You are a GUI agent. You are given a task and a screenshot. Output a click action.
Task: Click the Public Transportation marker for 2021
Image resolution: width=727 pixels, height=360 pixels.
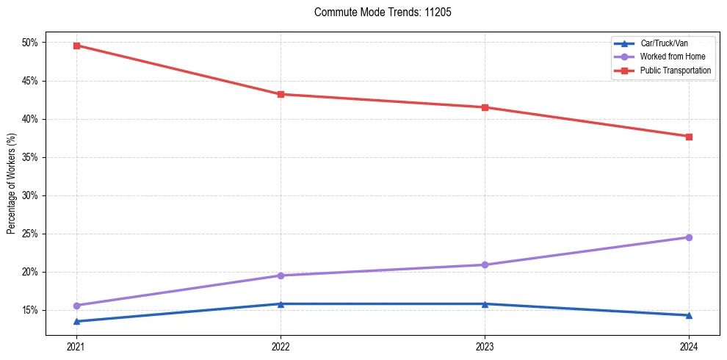coord(76,46)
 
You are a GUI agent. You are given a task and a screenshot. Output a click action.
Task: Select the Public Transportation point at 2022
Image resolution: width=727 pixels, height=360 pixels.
coord(281,94)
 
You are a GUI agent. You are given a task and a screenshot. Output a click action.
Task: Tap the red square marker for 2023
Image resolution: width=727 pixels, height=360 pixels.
coord(485,107)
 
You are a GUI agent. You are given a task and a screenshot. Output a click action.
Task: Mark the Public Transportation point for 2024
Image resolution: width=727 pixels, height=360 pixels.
coord(689,137)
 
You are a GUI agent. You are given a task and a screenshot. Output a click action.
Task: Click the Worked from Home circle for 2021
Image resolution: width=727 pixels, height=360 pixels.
coord(76,306)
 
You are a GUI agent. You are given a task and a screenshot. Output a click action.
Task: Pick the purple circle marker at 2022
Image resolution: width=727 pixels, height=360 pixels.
coord(281,276)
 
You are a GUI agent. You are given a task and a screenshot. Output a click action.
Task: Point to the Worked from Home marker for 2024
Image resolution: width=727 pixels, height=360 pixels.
coord(689,237)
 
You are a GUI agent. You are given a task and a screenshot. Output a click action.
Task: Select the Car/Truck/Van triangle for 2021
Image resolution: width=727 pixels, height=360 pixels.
coord(76,321)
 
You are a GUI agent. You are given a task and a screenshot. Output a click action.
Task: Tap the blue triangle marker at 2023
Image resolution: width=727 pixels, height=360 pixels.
coord(485,303)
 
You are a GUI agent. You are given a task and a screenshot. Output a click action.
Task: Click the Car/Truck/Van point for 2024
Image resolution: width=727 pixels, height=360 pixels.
coord(689,315)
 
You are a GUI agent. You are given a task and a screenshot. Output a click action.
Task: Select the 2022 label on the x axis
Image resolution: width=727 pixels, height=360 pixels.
coord(281,346)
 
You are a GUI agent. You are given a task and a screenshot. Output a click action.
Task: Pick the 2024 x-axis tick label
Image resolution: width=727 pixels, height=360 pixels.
coord(689,346)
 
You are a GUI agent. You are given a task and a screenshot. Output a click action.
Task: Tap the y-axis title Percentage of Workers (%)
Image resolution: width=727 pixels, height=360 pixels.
coord(11,184)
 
